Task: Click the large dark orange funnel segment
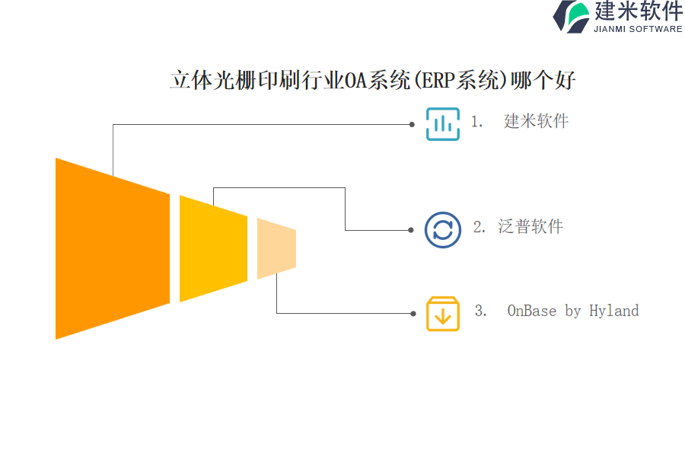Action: (113, 248)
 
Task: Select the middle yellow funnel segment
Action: (214, 248)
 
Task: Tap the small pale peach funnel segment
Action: (276, 248)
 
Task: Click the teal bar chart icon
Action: (442, 124)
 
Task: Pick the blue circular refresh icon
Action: (442, 230)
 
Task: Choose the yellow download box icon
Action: (442, 314)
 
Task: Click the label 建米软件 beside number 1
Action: (536, 121)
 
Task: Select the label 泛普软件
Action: (530, 226)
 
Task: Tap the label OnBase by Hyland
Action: (572, 311)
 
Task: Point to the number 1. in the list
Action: (476, 121)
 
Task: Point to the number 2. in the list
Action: (479, 226)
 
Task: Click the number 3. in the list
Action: (480, 311)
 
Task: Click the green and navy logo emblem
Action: (572, 17)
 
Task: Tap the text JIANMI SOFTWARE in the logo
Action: (638, 29)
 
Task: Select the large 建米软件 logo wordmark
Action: (639, 11)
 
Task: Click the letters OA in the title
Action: (356, 81)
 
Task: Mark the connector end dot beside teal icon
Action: (412, 125)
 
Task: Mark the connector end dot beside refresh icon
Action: (411, 230)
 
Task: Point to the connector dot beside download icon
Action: (413, 314)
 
